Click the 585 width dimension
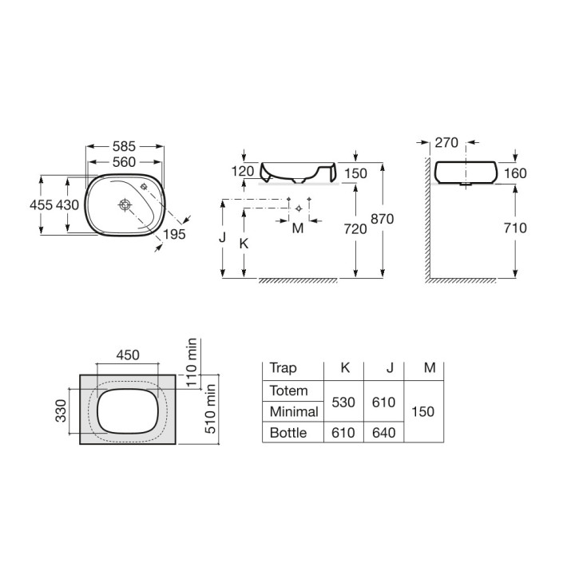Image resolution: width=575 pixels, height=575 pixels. (124, 146)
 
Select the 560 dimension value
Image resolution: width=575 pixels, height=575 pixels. (124, 161)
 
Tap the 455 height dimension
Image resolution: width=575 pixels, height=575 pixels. (41, 204)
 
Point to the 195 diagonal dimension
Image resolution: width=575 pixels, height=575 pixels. (174, 234)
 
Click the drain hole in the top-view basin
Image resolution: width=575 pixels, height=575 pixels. (125, 204)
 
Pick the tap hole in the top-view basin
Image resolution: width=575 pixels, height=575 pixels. (144, 187)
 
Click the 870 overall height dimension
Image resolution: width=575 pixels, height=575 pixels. (382, 219)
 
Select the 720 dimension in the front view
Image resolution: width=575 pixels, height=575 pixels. (355, 229)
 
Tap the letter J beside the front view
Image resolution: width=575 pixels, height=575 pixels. (222, 238)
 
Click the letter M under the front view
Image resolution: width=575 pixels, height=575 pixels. (298, 228)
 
